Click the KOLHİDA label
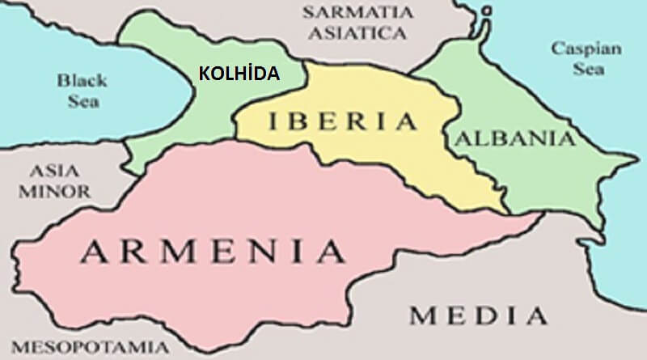click(x=239, y=74)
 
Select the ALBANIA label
click(x=515, y=139)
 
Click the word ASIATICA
click(x=353, y=34)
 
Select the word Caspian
click(x=586, y=49)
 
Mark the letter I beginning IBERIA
click(x=271, y=123)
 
